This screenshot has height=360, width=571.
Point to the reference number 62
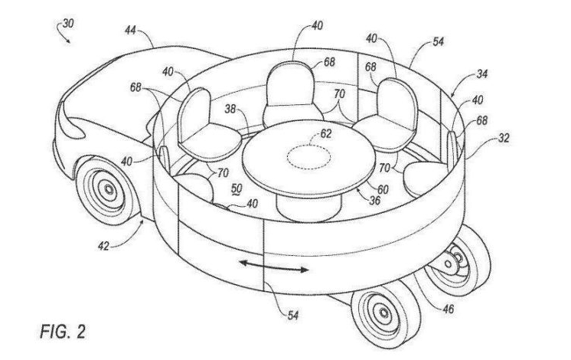pos(327,133)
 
